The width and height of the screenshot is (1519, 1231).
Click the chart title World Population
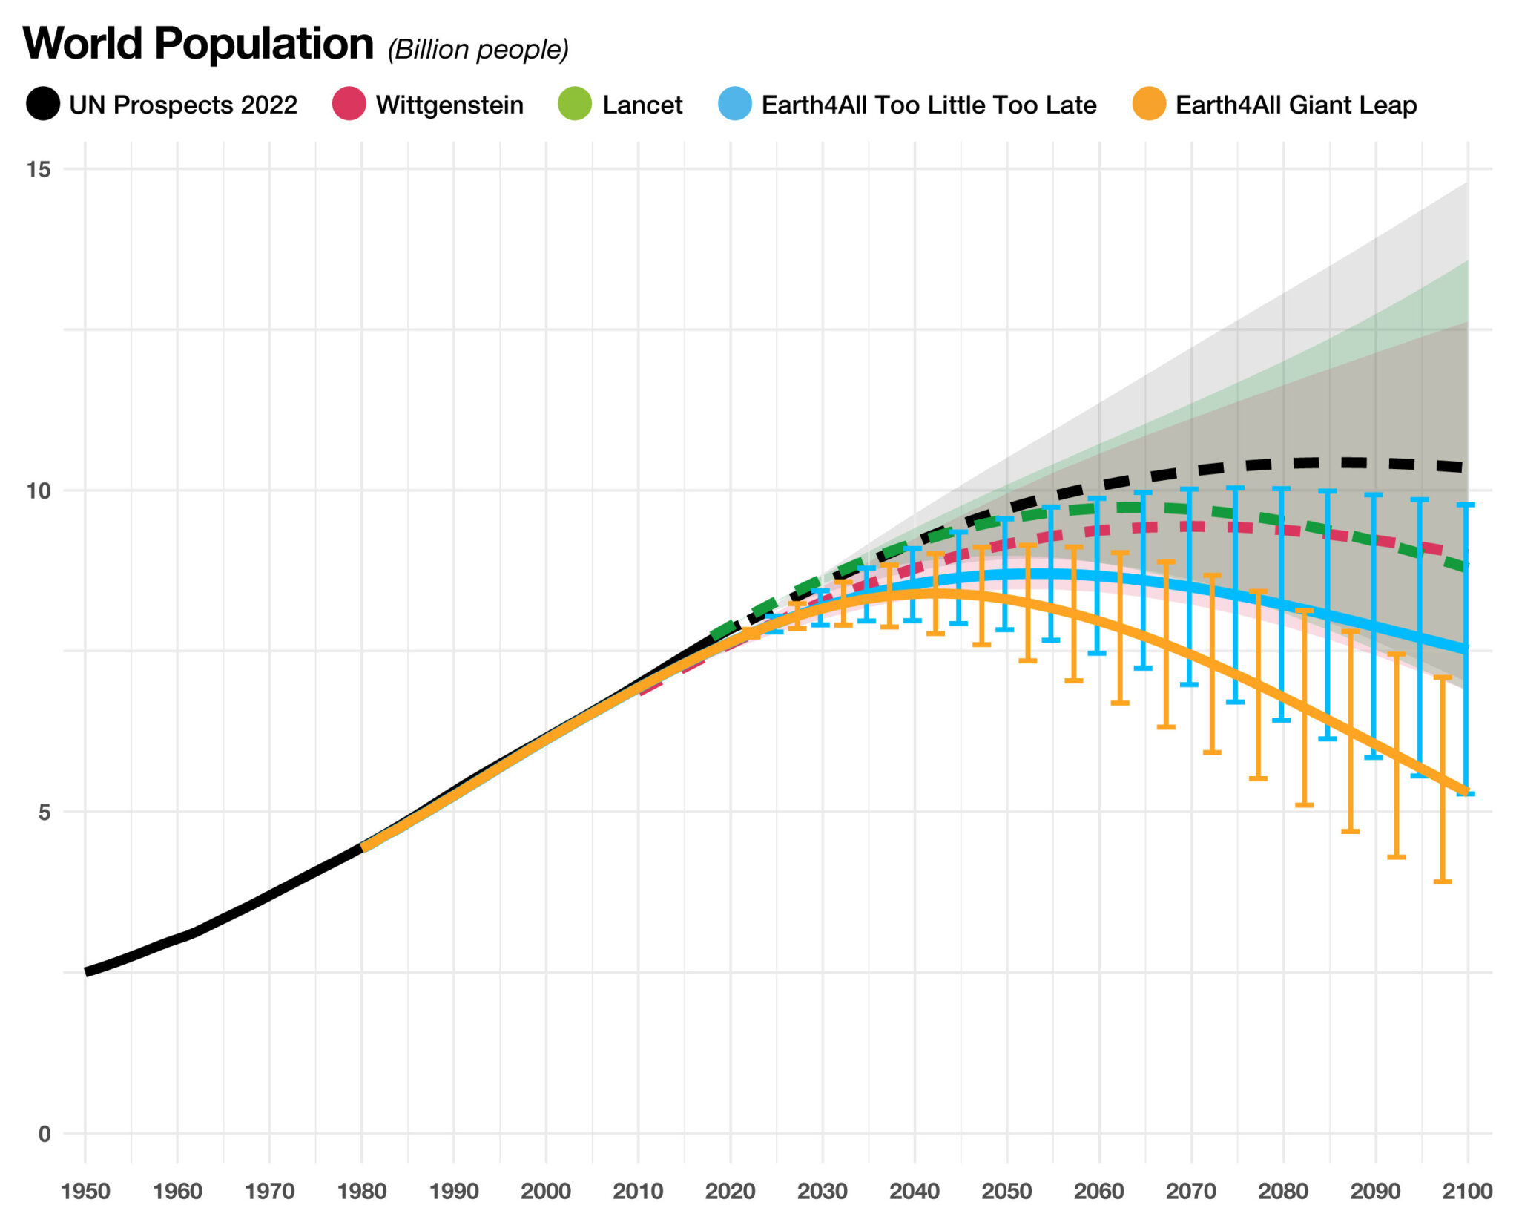198,44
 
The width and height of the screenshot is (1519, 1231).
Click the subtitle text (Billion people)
478,50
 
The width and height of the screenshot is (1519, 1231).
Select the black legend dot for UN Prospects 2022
43,104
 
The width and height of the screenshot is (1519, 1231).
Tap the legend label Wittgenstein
449,105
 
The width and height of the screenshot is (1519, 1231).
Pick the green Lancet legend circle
575,104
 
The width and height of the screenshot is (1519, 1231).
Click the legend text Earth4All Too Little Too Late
929,105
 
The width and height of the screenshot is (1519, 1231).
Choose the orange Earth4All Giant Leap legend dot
1149,104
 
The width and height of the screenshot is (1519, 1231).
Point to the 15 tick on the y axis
39,169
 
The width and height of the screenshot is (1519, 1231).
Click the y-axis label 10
39,490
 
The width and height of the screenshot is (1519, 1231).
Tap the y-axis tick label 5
45,812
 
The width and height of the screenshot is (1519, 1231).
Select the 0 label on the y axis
45,1134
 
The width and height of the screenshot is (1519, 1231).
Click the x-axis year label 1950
85,1192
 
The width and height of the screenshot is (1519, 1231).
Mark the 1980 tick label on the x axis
362,1192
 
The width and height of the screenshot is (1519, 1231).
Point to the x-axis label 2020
731,1192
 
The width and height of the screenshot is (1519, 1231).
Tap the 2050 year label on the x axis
1006,1192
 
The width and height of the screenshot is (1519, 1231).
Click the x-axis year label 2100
1467,1192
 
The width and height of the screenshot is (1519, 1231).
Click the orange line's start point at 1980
363,847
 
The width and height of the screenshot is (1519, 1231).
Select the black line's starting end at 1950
88,971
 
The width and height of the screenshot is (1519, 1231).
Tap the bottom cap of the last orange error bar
1442,882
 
